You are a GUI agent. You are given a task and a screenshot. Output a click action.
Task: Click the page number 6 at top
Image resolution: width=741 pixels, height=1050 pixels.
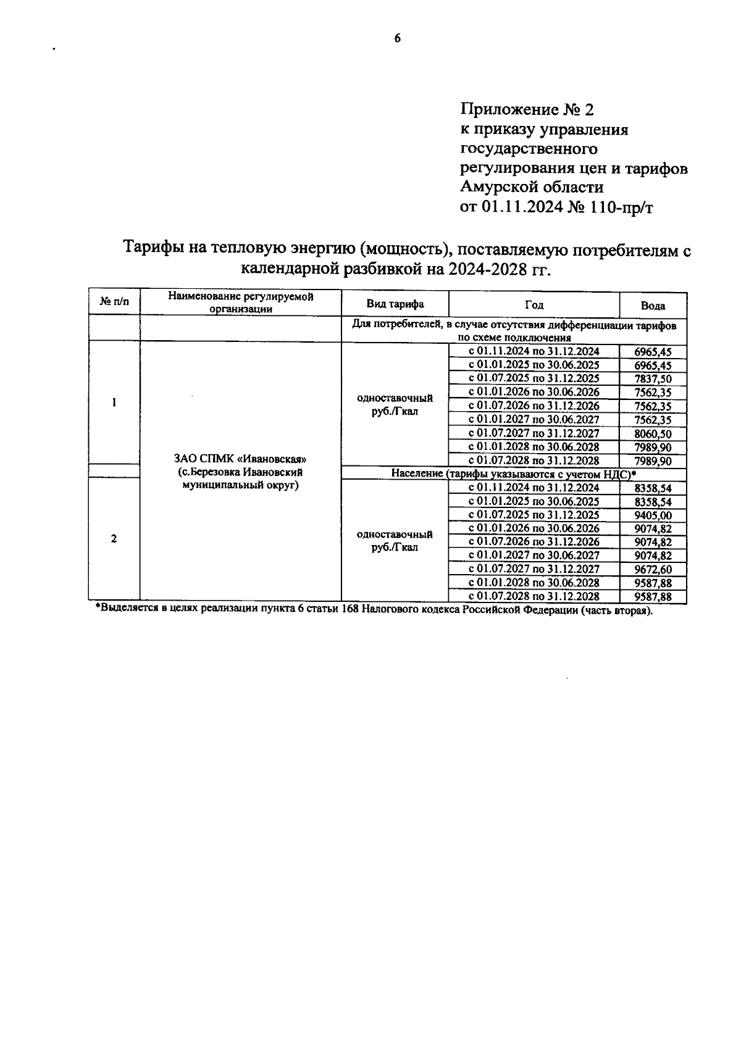(x=397, y=38)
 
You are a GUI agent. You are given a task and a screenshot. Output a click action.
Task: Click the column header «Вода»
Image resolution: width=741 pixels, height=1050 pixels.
(x=653, y=306)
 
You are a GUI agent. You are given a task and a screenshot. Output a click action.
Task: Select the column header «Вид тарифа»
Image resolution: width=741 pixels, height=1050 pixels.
(x=395, y=304)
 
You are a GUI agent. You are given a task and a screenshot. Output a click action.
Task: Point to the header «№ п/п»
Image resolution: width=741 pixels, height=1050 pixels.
(x=114, y=302)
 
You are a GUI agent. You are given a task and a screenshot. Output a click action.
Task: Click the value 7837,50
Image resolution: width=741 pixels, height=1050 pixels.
(x=653, y=379)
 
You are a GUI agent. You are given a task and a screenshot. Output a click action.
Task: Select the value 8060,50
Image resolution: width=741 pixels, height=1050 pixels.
(x=653, y=434)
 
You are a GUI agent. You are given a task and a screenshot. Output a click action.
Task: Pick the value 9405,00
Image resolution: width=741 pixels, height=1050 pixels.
(x=653, y=515)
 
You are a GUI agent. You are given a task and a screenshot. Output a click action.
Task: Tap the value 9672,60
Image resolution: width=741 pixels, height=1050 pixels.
(x=653, y=570)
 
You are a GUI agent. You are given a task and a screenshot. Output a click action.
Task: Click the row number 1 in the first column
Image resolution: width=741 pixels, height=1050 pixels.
(x=114, y=402)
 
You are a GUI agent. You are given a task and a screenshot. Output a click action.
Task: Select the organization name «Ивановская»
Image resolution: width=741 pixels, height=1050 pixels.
(x=272, y=459)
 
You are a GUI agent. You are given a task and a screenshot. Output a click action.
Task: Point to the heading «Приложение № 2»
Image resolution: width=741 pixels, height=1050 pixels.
(x=526, y=110)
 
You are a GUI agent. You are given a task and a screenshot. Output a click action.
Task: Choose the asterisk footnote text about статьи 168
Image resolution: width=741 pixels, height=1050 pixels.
(x=374, y=610)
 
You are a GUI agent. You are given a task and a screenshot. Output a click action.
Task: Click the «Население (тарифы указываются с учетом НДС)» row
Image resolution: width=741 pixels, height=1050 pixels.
(x=513, y=473)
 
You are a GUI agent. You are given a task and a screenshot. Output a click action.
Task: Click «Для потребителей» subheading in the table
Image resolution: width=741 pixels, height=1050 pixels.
(x=390, y=325)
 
